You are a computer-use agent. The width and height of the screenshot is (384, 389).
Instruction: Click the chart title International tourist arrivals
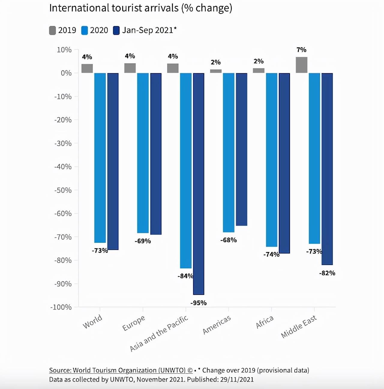click(x=140, y=8)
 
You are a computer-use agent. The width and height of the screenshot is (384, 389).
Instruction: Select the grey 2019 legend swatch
click(x=52, y=30)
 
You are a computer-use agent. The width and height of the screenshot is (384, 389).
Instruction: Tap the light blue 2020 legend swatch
click(x=85, y=30)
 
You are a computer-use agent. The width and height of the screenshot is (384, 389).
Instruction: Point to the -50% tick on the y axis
click(x=63, y=190)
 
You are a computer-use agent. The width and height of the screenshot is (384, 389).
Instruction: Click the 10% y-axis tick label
click(x=64, y=50)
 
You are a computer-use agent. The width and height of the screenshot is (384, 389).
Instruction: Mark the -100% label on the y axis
click(x=61, y=307)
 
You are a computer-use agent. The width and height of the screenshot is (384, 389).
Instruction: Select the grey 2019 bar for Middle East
click(x=301, y=65)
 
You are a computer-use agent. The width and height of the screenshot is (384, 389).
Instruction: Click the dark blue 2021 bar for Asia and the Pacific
click(x=199, y=184)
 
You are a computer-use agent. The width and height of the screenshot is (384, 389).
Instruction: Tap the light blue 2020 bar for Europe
click(x=143, y=153)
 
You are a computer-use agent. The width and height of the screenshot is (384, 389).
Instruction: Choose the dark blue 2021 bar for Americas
click(x=241, y=149)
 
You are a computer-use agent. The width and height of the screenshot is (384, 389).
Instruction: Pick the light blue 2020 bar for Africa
click(x=271, y=160)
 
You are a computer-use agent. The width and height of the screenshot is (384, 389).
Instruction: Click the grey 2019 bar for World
click(x=87, y=68)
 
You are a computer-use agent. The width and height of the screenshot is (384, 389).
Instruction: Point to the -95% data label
click(x=199, y=303)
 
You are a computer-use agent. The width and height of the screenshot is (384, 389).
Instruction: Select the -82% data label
click(x=327, y=273)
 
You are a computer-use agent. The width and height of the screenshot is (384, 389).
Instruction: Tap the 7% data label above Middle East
click(x=301, y=50)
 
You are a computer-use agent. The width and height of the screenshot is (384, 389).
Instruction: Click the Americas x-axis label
click(x=217, y=325)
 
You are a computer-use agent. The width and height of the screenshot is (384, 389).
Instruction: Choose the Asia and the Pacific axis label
click(x=159, y=333)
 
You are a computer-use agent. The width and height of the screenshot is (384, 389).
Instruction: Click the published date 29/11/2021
click(x=237, y=380)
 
